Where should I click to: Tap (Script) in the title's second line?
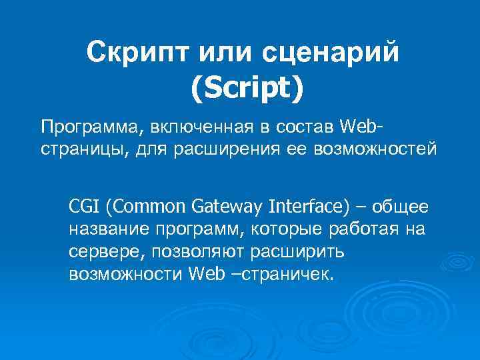(x=247, y=89)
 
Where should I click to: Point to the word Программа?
(x=81, y=126)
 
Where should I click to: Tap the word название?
(x=109, y=229)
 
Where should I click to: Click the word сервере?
(x=107, y=252)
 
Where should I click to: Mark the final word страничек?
(x=285, y=275)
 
